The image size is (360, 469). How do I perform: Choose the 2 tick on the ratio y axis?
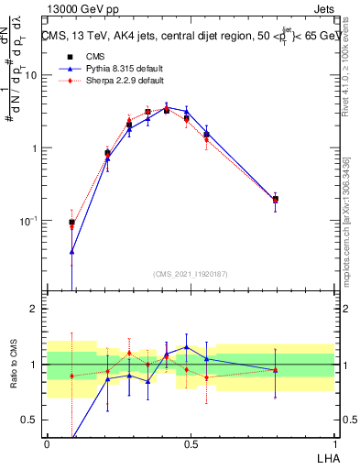coord(35,309)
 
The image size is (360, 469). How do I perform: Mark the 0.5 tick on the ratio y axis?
coord(30,420)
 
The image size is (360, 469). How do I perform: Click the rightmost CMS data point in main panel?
coord(276,199)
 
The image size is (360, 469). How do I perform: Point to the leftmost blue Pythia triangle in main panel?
coord(72,251)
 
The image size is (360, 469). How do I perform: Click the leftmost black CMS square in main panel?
coord(72,222)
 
